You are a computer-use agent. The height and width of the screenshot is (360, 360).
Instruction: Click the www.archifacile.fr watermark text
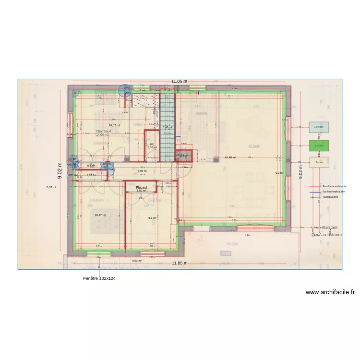click(330, 292)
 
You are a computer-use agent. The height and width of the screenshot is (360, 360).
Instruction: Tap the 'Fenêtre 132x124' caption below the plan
click(99, 278)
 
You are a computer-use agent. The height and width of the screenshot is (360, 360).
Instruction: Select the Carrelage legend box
click(319, 127)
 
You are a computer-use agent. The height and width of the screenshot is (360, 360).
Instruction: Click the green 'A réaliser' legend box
click(319, 145)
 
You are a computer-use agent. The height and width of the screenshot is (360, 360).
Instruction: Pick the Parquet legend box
click(319, 162)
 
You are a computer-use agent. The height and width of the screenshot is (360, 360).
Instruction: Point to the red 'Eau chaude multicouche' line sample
click(315, 186)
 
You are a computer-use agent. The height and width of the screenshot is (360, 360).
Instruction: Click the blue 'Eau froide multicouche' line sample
click(315, 192)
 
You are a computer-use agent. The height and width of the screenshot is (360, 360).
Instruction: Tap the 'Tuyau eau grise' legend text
click(330, 197)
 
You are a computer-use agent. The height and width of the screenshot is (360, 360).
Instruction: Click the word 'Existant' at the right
click(330, 228)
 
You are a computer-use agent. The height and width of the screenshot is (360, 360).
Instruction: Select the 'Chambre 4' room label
click(103, 132)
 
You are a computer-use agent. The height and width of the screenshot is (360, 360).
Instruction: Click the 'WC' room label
click(152, 144)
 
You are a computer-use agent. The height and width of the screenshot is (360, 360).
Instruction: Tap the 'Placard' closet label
click(141, 188)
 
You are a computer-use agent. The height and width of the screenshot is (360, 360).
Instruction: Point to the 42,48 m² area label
click(230, 157)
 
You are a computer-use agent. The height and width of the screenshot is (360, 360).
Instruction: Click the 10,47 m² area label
click(100, 215)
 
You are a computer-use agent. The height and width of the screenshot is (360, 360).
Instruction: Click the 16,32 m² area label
click(114, 125)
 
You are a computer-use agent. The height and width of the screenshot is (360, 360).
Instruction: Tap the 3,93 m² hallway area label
click(142, 171)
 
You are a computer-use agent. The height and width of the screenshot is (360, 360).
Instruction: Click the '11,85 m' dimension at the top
click(179, 81)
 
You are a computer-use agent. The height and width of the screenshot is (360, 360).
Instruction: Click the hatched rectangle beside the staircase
click(145, 100)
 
